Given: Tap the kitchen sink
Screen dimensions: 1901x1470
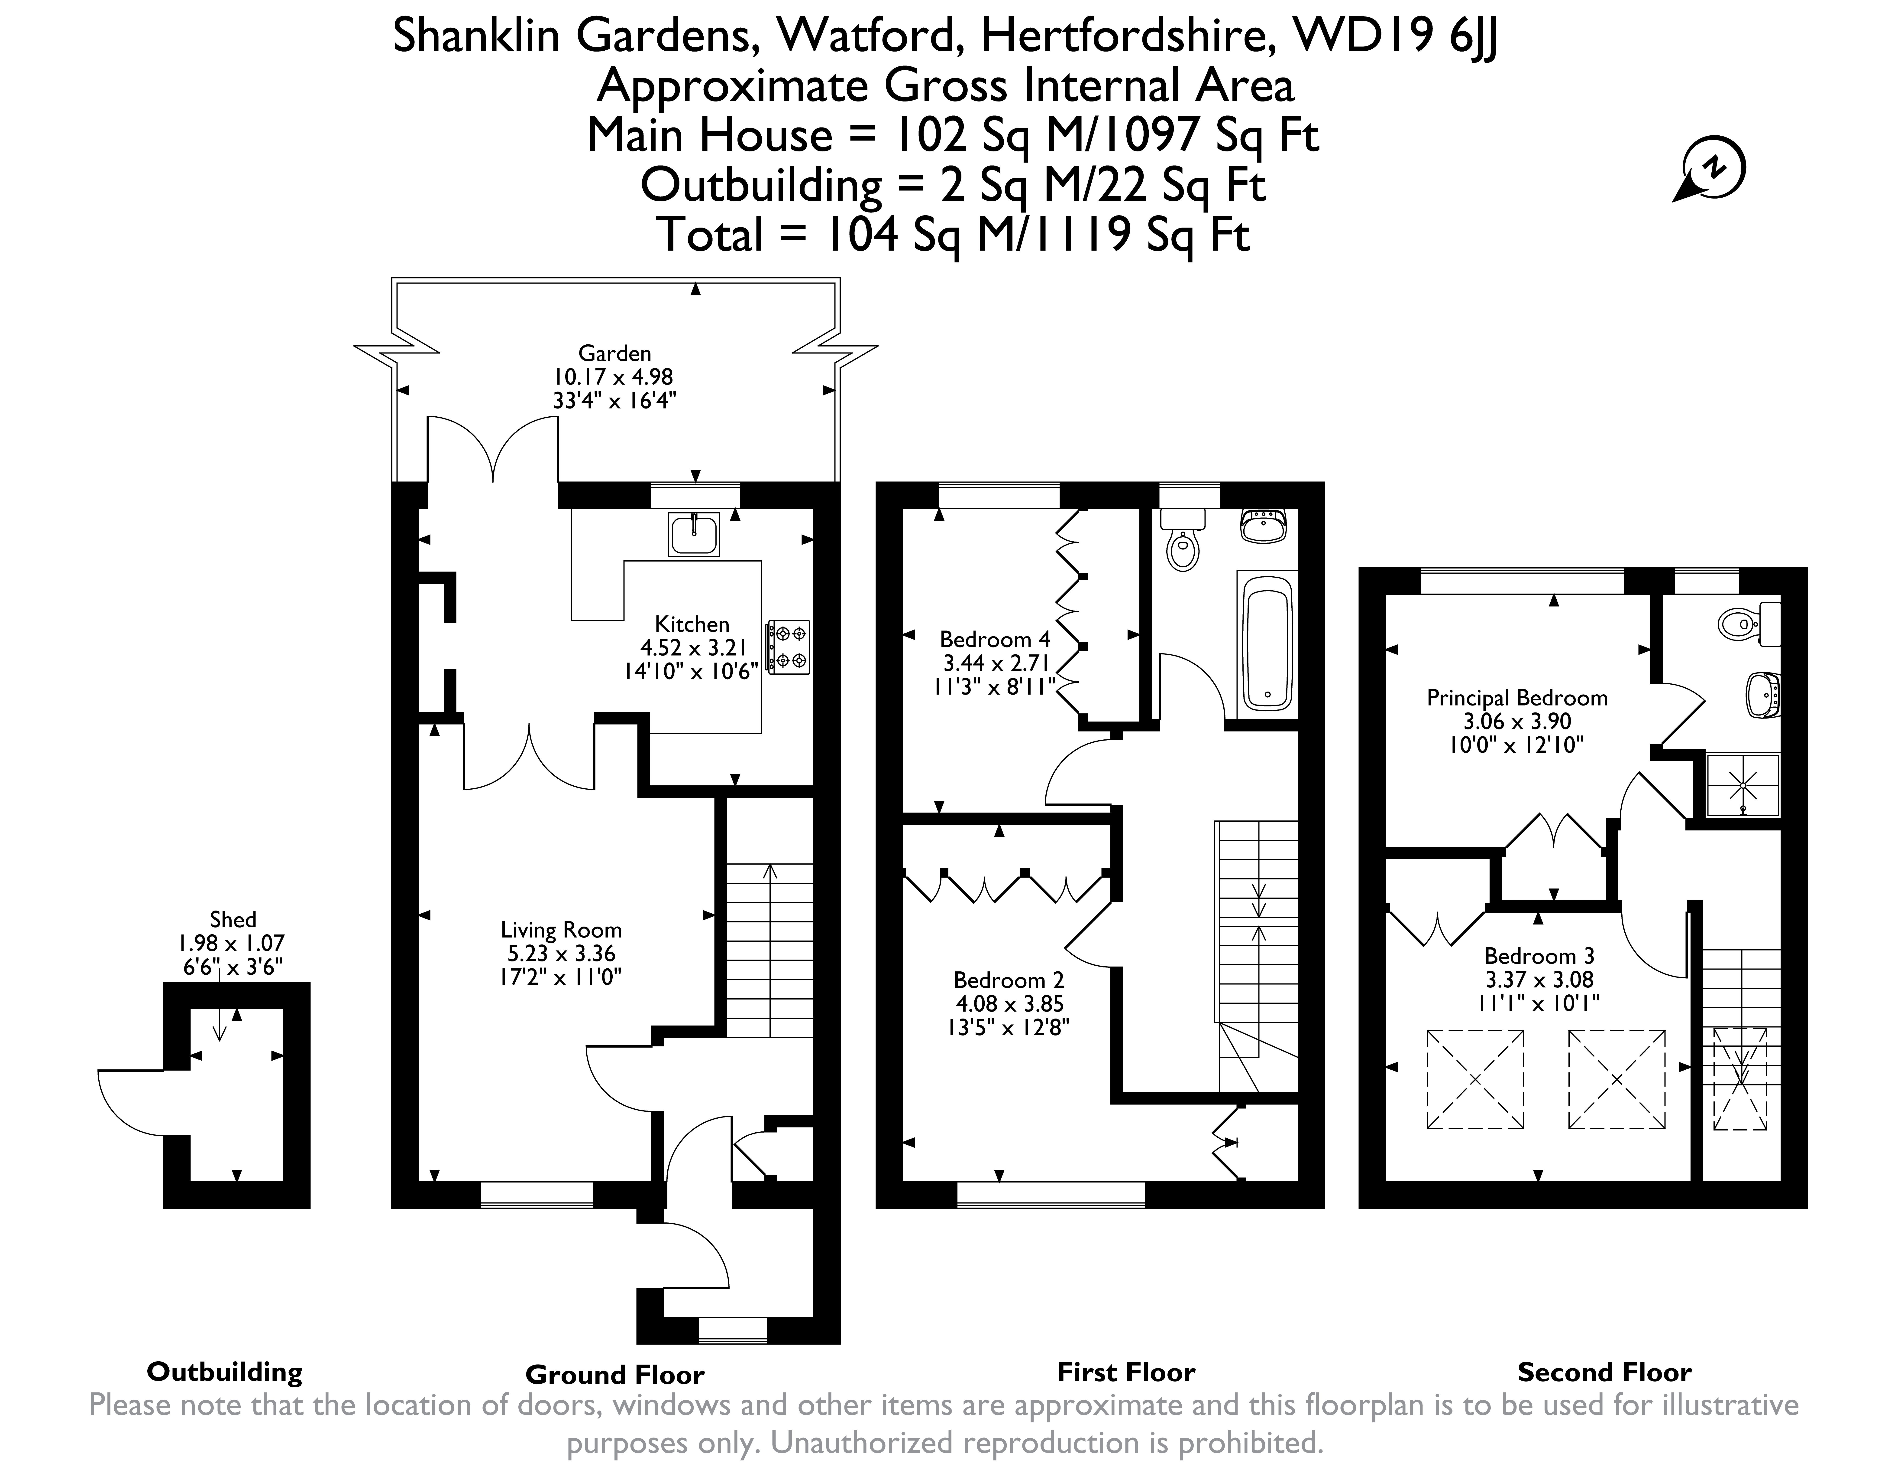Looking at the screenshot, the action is (694, 534).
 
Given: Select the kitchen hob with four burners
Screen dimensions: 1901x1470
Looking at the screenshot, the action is (788, 647).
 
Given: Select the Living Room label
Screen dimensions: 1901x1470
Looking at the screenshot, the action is (561, 930).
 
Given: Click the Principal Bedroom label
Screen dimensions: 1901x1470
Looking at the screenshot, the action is (1517, 698).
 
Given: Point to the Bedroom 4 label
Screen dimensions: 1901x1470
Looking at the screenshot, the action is (995, 639).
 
